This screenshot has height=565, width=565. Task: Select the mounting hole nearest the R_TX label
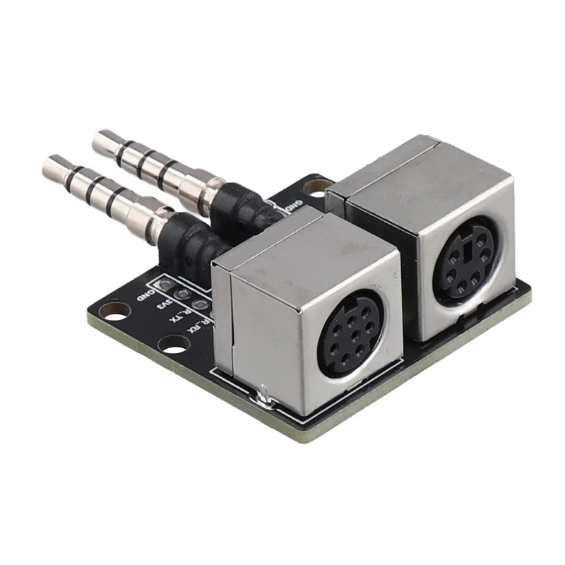point(172,345)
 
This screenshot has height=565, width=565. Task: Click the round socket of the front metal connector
point(350,328)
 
